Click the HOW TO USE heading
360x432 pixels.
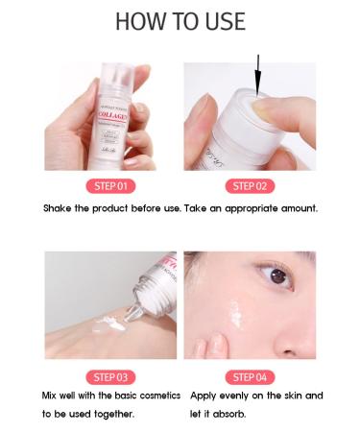(180, 22)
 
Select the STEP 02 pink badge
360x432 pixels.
(250, 185)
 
